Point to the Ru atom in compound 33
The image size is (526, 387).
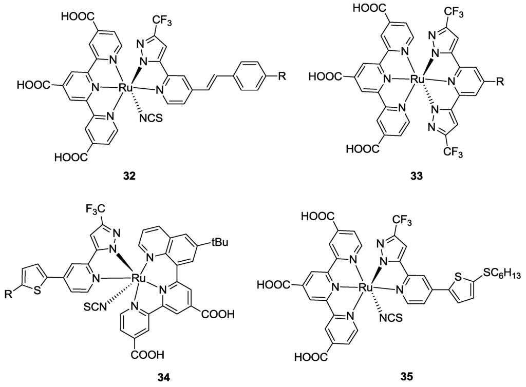click(416, 80)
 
